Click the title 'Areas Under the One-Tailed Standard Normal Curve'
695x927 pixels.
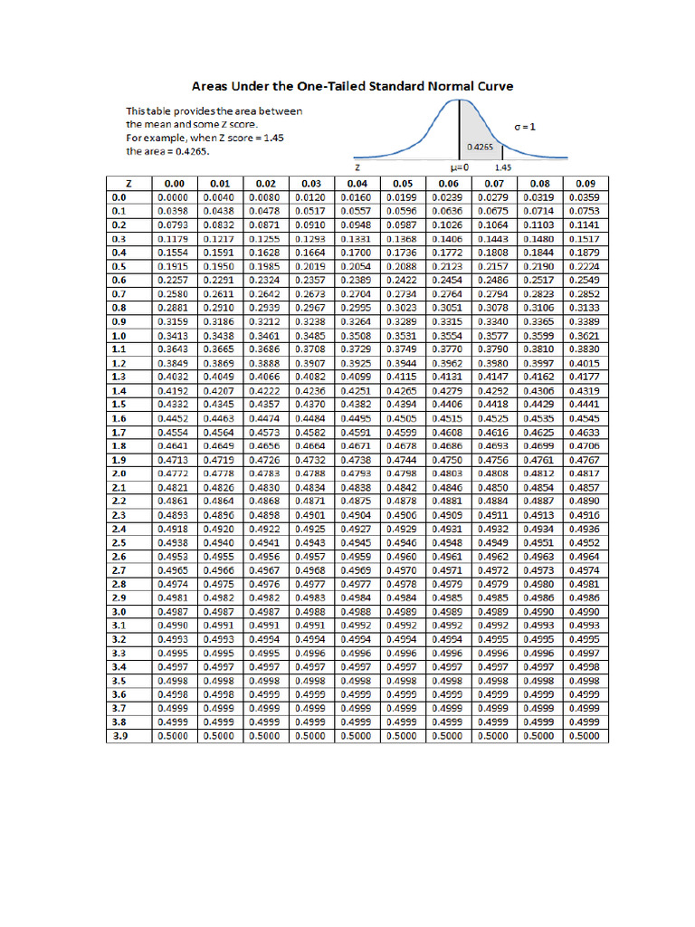click(x=352, y=86)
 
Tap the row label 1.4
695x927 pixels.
click(x=119, y=391)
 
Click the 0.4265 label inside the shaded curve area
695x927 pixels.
click(x=480, y=146)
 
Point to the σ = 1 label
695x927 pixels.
click(x=524, y=128)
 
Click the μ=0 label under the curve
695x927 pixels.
click(x=459, y=168)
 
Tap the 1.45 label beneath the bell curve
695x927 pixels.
click(x=503, y=168)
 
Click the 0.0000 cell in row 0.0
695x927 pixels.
click(x=173, y=196)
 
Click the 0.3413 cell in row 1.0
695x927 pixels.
click(x=173, y=336)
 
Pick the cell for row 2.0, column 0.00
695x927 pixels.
click(x=173, y=473)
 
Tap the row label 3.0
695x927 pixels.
click(x=119, y=612)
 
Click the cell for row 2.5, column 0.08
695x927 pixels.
click(x=540, y=542)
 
